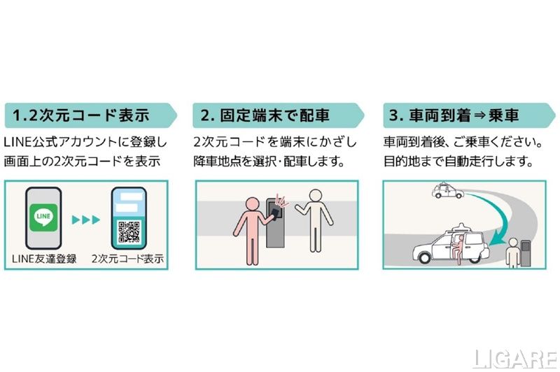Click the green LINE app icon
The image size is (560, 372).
(x=43, y=217)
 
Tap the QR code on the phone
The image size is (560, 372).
(x=129, y=232)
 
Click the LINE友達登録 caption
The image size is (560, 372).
(x=44, y=259)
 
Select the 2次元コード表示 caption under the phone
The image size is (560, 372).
(x=127, y=259)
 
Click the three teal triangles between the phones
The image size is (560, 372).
(x=85, y=220)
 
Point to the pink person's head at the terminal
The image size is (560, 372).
(x=253, y=204)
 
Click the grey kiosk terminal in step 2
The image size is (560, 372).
(x=275, y=223)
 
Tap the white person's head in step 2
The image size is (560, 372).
(x=316, y=196)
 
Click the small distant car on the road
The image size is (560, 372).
(x=447, y=191)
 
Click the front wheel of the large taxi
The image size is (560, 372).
(x=425, y=257)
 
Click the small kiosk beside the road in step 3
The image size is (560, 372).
(x=526, y=253)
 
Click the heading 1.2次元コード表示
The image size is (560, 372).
(x=80, y=115)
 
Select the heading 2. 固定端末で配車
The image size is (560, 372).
(x=265, y=115)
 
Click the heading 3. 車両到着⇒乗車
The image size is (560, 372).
(x=454, y=115)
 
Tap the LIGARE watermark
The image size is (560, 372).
(x=515, y=359)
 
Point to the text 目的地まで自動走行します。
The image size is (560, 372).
(x=459, y=162)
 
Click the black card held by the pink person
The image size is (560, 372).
(x=274, y=213)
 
